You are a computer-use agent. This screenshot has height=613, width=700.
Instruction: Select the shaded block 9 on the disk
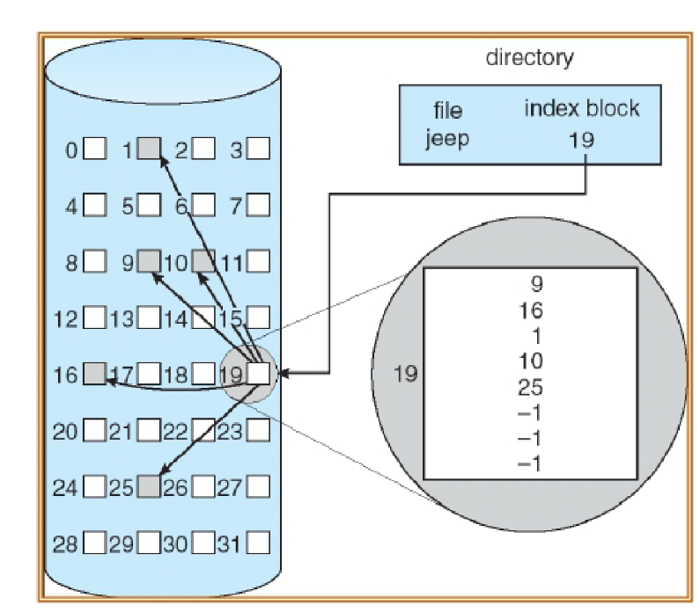[x=150, y=261]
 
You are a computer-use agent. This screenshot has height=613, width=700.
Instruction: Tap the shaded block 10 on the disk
[x=203, y=261]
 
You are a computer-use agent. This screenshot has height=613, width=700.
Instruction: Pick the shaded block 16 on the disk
[x=95, y=374]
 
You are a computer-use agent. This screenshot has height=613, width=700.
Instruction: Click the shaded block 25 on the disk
[x=150, y=485]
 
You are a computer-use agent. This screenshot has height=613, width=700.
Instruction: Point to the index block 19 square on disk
[x=259, y=374]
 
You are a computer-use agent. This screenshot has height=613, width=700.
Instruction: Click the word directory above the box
[x=530, y=59]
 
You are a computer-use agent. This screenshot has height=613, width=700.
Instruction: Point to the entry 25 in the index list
[x=531, y=387]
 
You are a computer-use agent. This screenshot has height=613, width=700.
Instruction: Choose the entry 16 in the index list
[x=531, y=310]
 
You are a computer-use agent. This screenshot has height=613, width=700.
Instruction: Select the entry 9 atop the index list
[x=531, y=285]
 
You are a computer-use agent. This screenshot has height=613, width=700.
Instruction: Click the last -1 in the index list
[x=531, y=463]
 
